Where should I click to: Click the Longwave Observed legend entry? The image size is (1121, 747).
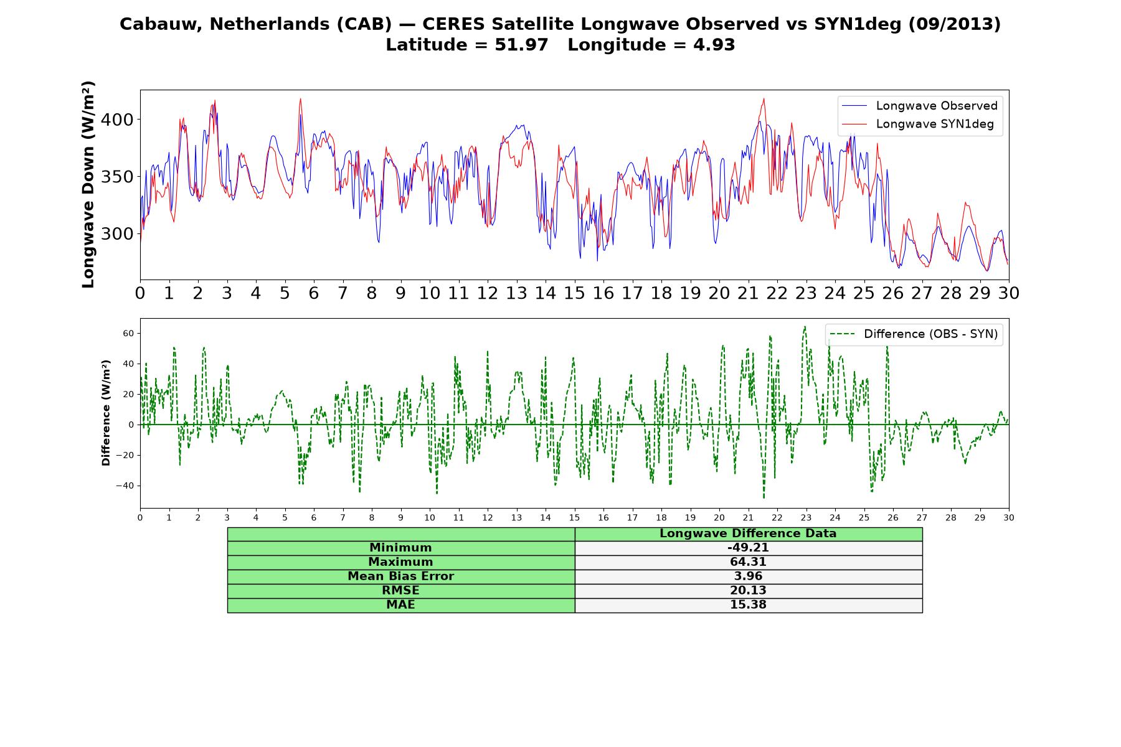919,106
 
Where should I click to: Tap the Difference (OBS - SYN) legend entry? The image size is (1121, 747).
914,334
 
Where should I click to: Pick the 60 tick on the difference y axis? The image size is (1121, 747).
128,334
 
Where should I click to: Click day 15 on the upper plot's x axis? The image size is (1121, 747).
574,293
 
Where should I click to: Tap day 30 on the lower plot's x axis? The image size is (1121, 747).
1008,517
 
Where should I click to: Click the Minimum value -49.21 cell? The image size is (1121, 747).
748,548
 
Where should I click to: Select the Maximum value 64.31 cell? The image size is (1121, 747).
748,562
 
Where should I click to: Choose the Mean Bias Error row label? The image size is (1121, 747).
400,576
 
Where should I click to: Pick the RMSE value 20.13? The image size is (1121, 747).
748,591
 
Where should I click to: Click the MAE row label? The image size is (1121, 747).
400,605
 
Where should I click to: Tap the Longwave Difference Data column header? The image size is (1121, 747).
748,533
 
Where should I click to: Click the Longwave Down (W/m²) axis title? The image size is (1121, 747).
88,184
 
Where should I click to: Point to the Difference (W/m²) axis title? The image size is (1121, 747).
106,413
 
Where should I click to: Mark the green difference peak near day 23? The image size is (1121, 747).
805,327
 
